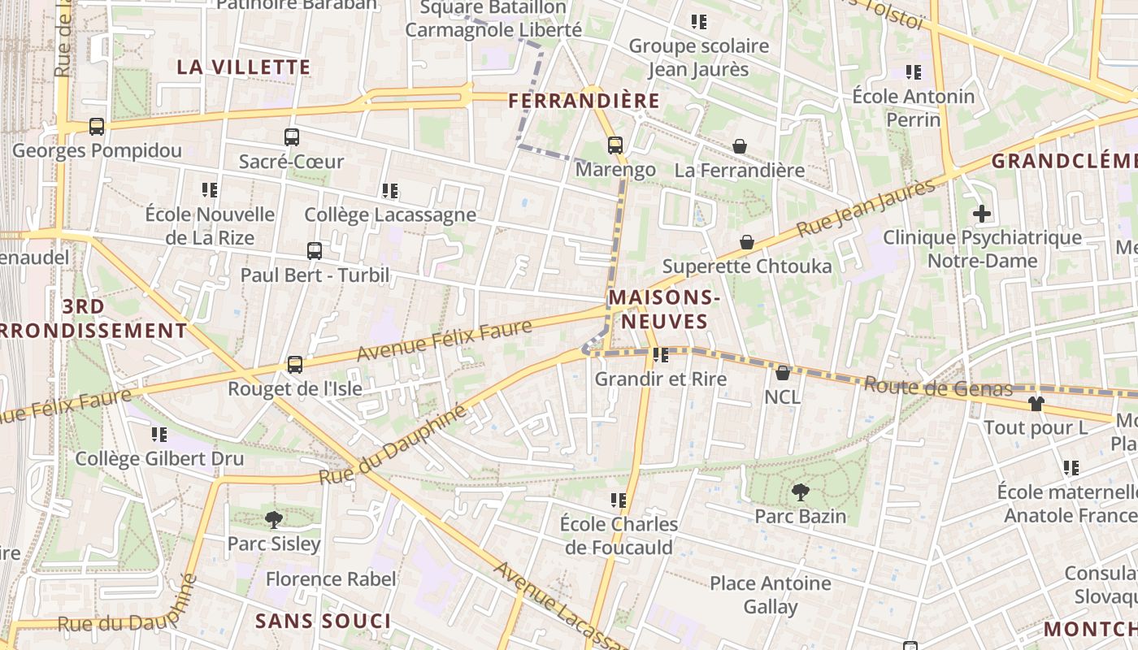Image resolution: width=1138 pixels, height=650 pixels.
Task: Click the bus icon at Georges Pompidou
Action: click(x=97, y=127)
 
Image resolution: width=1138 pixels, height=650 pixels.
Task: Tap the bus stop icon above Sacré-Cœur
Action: click(x=292, y=137)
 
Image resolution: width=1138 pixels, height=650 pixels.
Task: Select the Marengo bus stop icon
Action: click(x=615, y=145)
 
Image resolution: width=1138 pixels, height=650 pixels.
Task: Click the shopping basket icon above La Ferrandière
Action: click(x=740, y=146)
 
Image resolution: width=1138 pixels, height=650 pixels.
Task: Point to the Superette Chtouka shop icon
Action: click(x=747, y=242)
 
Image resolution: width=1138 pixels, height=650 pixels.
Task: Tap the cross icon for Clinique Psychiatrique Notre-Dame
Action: click(x=982, y=214)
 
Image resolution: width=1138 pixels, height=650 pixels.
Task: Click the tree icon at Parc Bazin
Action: click(x=800, y=492)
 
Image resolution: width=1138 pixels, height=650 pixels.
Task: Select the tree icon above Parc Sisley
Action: click(x=274, y=519)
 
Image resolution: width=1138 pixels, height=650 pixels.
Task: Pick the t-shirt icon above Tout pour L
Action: click(x=1036, y=403)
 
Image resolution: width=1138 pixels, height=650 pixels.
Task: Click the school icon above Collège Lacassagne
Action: click(x=390, y=191)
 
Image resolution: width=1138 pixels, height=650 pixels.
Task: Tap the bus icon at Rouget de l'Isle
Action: click(x=295, y=365)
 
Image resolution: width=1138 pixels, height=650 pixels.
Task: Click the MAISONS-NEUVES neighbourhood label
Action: click(x=664, y=310)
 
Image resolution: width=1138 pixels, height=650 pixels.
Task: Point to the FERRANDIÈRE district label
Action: click(x=584, y=101)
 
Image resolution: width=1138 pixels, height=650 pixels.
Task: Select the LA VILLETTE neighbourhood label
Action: click(x=244, y=67)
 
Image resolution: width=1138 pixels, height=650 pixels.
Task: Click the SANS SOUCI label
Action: click(x=323, y=622)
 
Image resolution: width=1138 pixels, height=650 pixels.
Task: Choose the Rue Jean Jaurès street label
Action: click(x=867, y=208)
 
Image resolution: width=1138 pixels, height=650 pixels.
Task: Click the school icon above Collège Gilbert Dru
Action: click(x=159, y=435)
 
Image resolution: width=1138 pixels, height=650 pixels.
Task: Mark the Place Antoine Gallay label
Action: click(x=771, y=595)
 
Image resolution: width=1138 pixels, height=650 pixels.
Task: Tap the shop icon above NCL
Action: click(x=783, y=373)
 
